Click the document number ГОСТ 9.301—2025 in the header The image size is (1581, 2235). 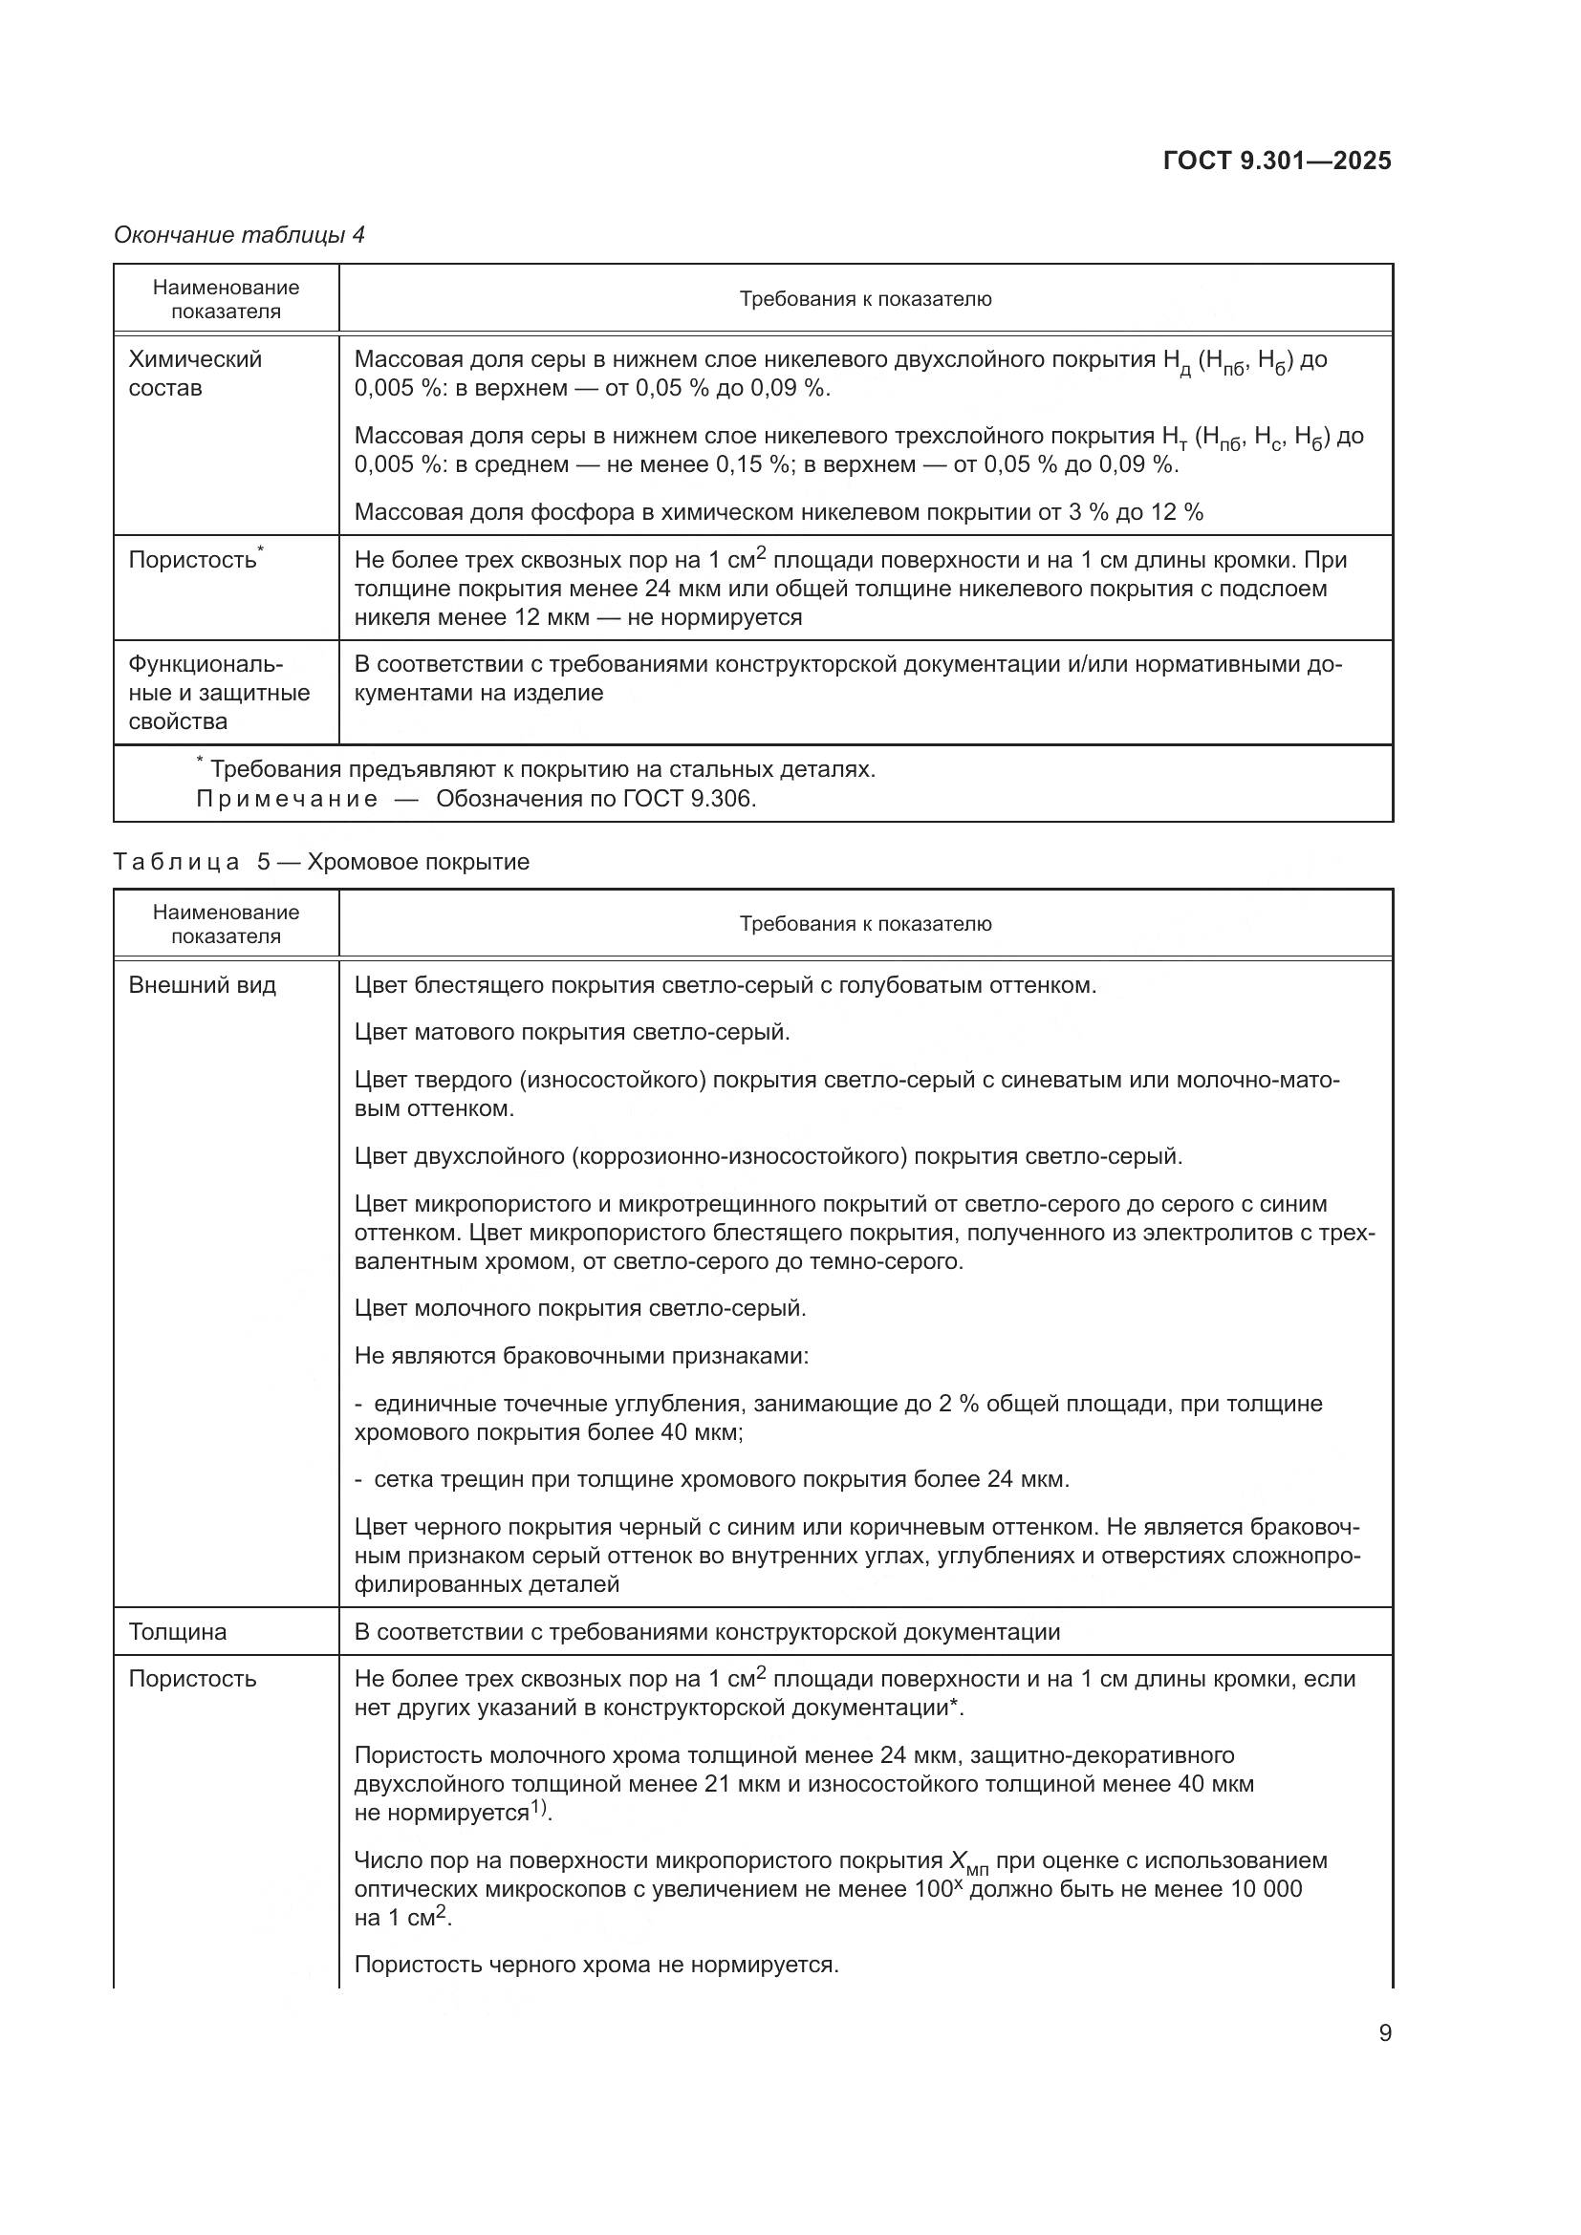click(1277, 161)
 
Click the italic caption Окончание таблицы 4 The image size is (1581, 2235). click(240, 235)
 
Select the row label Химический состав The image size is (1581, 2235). click(195, 374)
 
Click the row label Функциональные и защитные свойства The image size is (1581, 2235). click(219, 692)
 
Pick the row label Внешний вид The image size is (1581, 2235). click(203, 985)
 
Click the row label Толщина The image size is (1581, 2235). click(177, 1631)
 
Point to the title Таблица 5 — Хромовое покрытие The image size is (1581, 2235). click(321, 862)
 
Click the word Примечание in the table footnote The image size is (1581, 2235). click(286, 799)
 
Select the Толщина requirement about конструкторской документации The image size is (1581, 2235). click(706, 1631)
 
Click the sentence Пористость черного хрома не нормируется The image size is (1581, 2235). click(596, 1964)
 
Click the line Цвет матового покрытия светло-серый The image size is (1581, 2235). click(572, 1032)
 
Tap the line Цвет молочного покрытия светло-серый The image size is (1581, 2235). click(580, 1307)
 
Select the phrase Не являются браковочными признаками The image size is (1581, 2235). click(581, 1355)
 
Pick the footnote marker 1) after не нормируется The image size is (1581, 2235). click(540, 1810)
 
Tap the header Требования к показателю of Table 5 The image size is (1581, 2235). click(864, 924)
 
